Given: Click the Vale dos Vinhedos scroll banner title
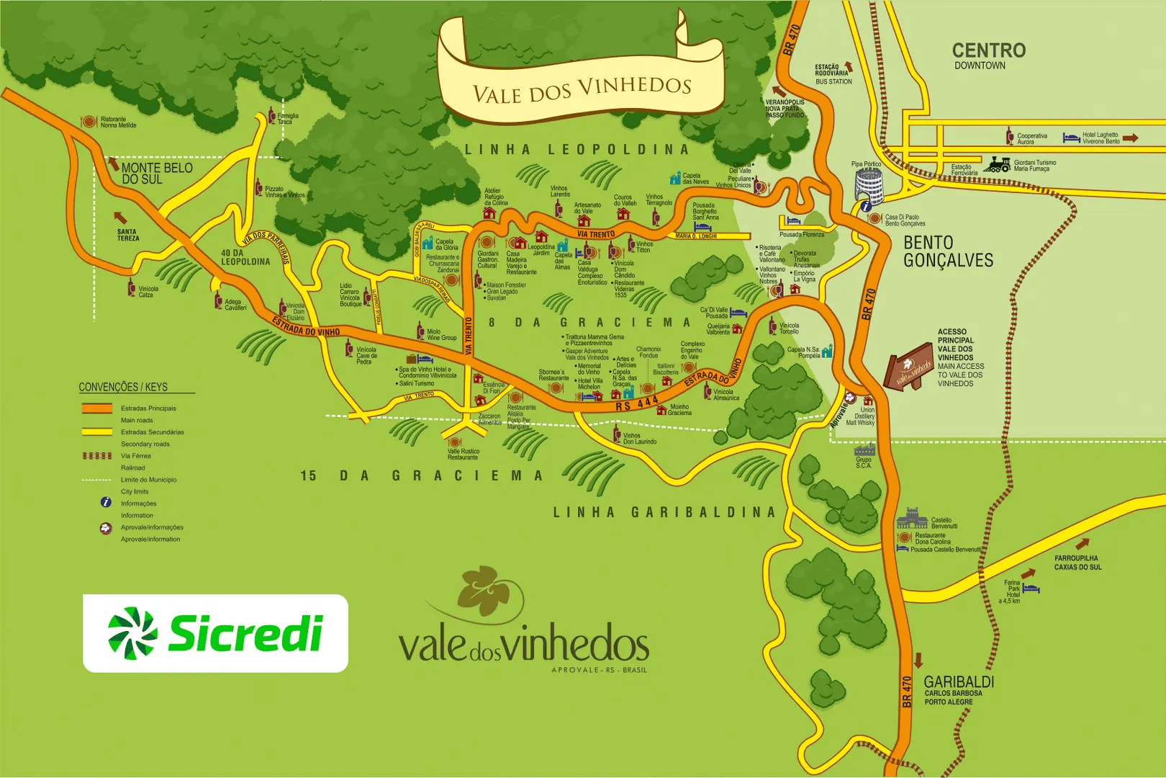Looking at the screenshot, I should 582,89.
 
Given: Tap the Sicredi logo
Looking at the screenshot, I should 215,633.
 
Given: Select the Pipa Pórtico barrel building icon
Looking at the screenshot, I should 869,187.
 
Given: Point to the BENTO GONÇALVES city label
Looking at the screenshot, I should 948,251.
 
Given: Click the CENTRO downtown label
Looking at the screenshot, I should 988,55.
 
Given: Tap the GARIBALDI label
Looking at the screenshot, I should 958,681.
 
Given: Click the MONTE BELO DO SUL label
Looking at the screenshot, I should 156,173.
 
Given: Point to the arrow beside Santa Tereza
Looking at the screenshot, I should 120,217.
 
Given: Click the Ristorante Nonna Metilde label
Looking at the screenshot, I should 118,122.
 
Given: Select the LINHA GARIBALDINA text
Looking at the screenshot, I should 664,512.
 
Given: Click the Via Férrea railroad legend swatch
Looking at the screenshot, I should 96,455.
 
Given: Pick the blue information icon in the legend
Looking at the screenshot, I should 106,502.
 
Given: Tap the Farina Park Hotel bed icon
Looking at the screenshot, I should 1031,589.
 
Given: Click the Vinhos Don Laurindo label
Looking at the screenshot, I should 639,438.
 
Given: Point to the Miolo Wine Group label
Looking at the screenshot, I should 441,334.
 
